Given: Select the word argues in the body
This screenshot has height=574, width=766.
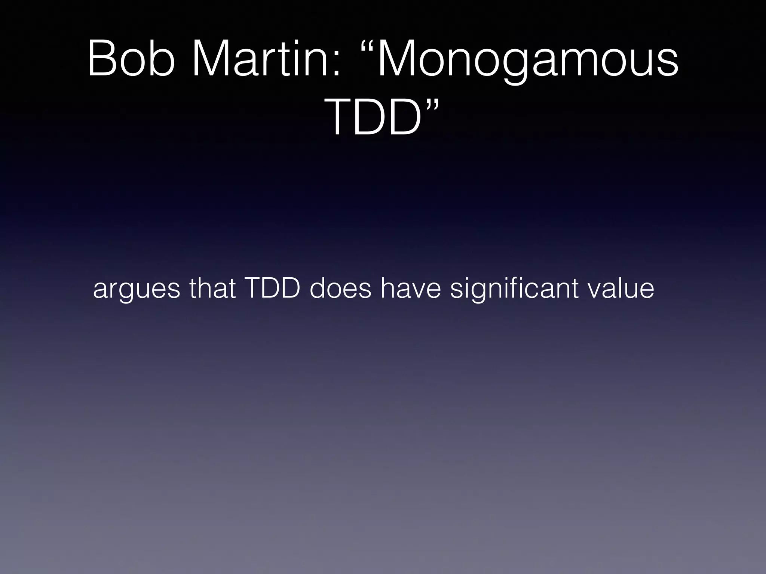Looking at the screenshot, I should click(136, 290).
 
